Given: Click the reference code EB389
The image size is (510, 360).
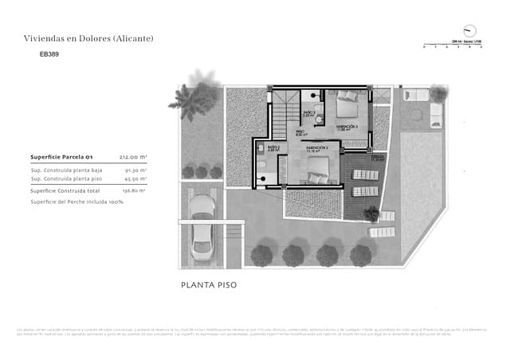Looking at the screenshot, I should click(x=49, y=55).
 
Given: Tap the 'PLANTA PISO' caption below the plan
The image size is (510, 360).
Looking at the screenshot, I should click(x=209, y=284).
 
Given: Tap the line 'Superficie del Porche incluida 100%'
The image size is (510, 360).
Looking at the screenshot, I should click(x=76, y=202).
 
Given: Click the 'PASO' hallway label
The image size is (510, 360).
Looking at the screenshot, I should click(x=301, y=132).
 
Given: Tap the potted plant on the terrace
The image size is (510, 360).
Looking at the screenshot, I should click(x=371, y=213).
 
